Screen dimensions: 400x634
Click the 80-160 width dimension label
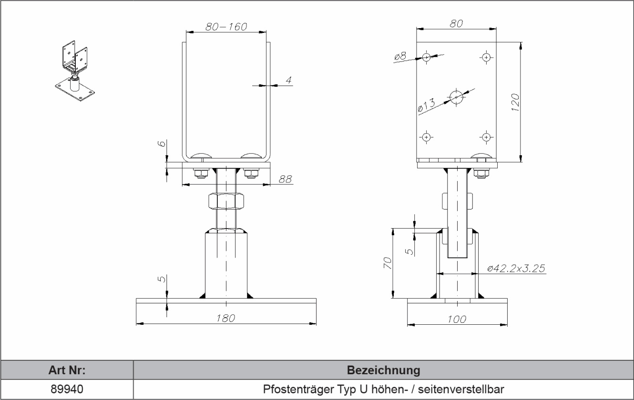point(226,27)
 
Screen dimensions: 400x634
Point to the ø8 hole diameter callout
point(400,57)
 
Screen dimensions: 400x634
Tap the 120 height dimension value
point(515,102)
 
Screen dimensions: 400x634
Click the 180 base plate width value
point(225,318)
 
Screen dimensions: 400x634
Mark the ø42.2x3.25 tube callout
point(516,269)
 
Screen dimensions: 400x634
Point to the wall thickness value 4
point(288,80)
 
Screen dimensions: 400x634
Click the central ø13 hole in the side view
point(456,97)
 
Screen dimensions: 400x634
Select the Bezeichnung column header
point(383,370)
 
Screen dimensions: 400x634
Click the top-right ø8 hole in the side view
point(486,58)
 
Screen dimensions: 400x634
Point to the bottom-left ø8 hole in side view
point(426,137)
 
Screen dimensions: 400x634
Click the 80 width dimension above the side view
point(456,23)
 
